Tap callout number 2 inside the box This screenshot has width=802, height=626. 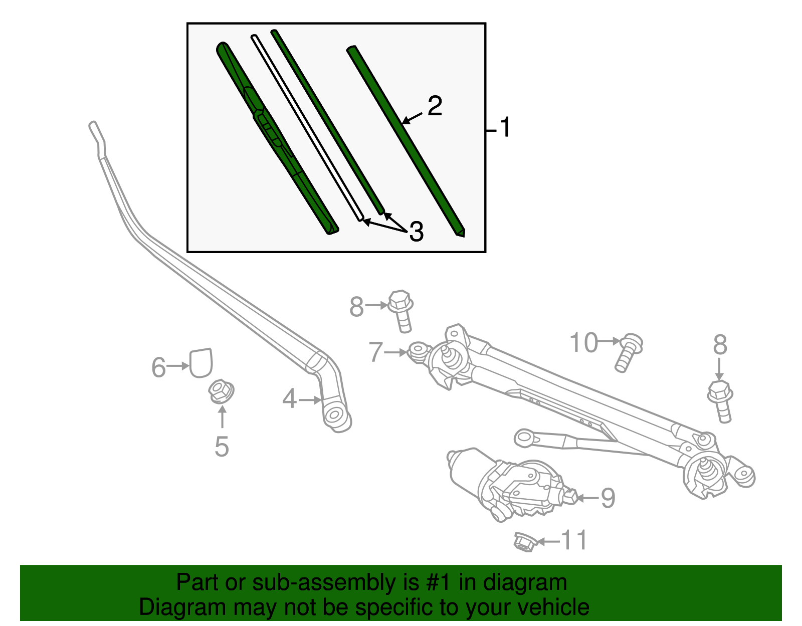[x=435, y=106]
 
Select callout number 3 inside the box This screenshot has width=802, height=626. [x=416, y=232]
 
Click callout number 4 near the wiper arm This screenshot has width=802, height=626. [x=289, y=399]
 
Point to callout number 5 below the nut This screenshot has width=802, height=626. [x=222, y=446]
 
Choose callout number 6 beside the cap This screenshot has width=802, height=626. [x=158, y=367]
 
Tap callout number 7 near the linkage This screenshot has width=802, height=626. [x=375, y=352]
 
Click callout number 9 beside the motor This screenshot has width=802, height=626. [x=608, y=498]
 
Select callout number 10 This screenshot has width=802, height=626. [x=584, y=343]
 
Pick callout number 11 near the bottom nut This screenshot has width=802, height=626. [x=573, y=540]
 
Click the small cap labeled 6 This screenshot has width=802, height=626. [x=201, y=362]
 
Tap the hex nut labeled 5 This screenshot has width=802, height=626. [x=221, y=391]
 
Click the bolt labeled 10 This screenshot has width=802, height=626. [x=628, y=352]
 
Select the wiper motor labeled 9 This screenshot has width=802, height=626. [x=511, y=484]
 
